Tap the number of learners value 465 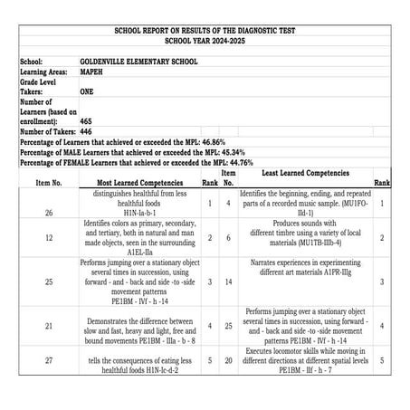[86, 119]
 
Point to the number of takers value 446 [86, 130]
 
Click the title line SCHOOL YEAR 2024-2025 [205, 40]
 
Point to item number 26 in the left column [48, 213]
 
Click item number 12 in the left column [48, 237]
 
